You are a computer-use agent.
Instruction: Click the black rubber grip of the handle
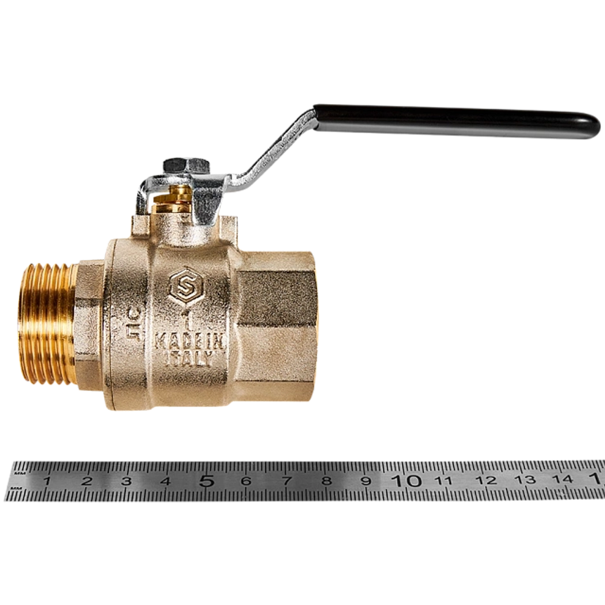454,121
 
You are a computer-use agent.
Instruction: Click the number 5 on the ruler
207,480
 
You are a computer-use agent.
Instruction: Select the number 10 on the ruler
406,480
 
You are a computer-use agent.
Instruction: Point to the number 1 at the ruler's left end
47,481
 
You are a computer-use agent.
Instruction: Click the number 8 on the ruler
327,481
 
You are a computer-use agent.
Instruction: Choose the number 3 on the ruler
126,481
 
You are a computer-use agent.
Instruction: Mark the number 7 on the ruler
287,481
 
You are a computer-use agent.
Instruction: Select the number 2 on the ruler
87,481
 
